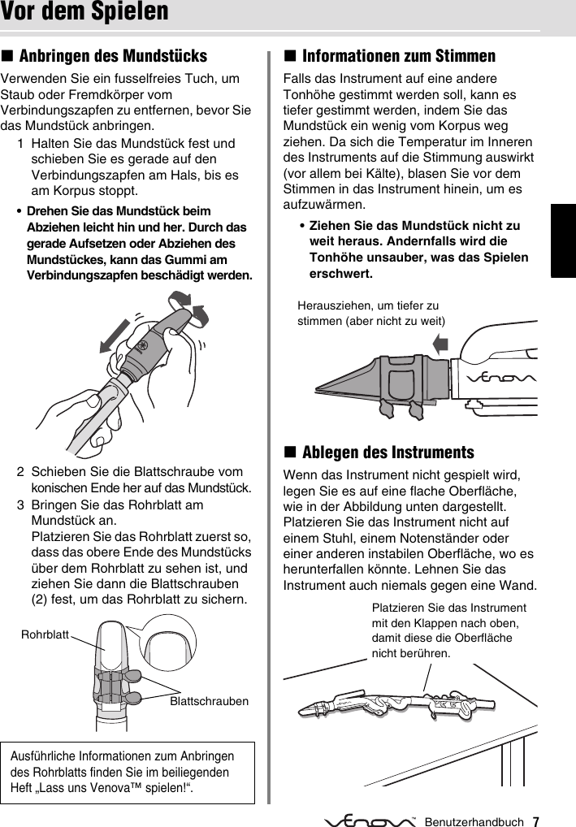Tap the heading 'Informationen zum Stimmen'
398,56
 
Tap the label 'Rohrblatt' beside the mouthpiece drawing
45,631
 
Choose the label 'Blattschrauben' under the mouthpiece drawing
209,700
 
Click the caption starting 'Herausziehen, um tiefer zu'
372,313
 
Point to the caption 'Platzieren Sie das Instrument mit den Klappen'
448,630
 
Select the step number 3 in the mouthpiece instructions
20,504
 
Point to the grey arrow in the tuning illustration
440,344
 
